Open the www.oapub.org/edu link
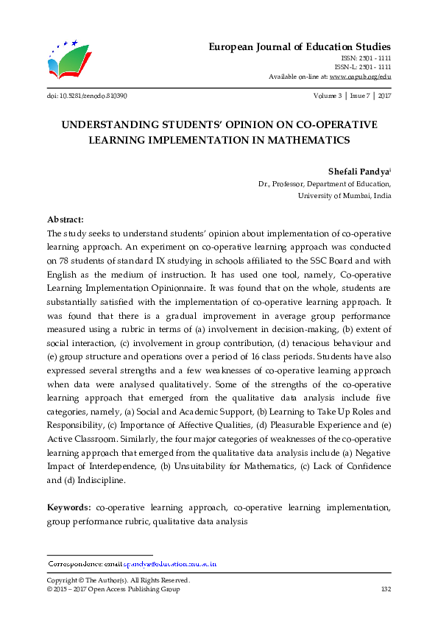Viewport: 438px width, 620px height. click(360, 77)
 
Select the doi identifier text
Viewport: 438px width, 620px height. click(81, 96)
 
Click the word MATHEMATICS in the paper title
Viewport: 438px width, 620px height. click(297, 139)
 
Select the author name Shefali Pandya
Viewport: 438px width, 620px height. click(358, 170)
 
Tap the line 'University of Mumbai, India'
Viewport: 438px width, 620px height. click(344, 196)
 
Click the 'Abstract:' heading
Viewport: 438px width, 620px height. click(66, 219)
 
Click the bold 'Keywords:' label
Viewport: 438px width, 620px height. click(69, 507)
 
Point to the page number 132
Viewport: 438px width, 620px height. click(385, 589)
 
